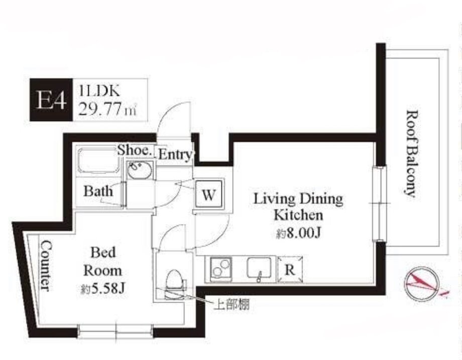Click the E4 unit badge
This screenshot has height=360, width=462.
pos(51,100)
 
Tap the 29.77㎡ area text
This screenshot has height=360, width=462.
pos(107,110)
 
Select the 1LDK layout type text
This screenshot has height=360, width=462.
pos(99,91)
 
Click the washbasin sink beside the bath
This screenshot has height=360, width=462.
pos(140,170)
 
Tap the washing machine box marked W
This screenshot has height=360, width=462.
pos(208,194)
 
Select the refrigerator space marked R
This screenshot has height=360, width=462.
pos(290,270)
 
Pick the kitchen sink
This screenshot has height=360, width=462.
pos(259,268)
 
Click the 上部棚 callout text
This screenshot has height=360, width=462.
pos(232,305)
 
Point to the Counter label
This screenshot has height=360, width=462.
pos(46,266)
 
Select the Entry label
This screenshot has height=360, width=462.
pos(175,154)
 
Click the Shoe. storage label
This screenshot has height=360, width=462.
pos(135,150)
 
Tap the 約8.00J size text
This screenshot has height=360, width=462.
pos(298,234)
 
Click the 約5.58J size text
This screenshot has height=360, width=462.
pos(103,290)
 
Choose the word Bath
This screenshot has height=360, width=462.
pos(98,191)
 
